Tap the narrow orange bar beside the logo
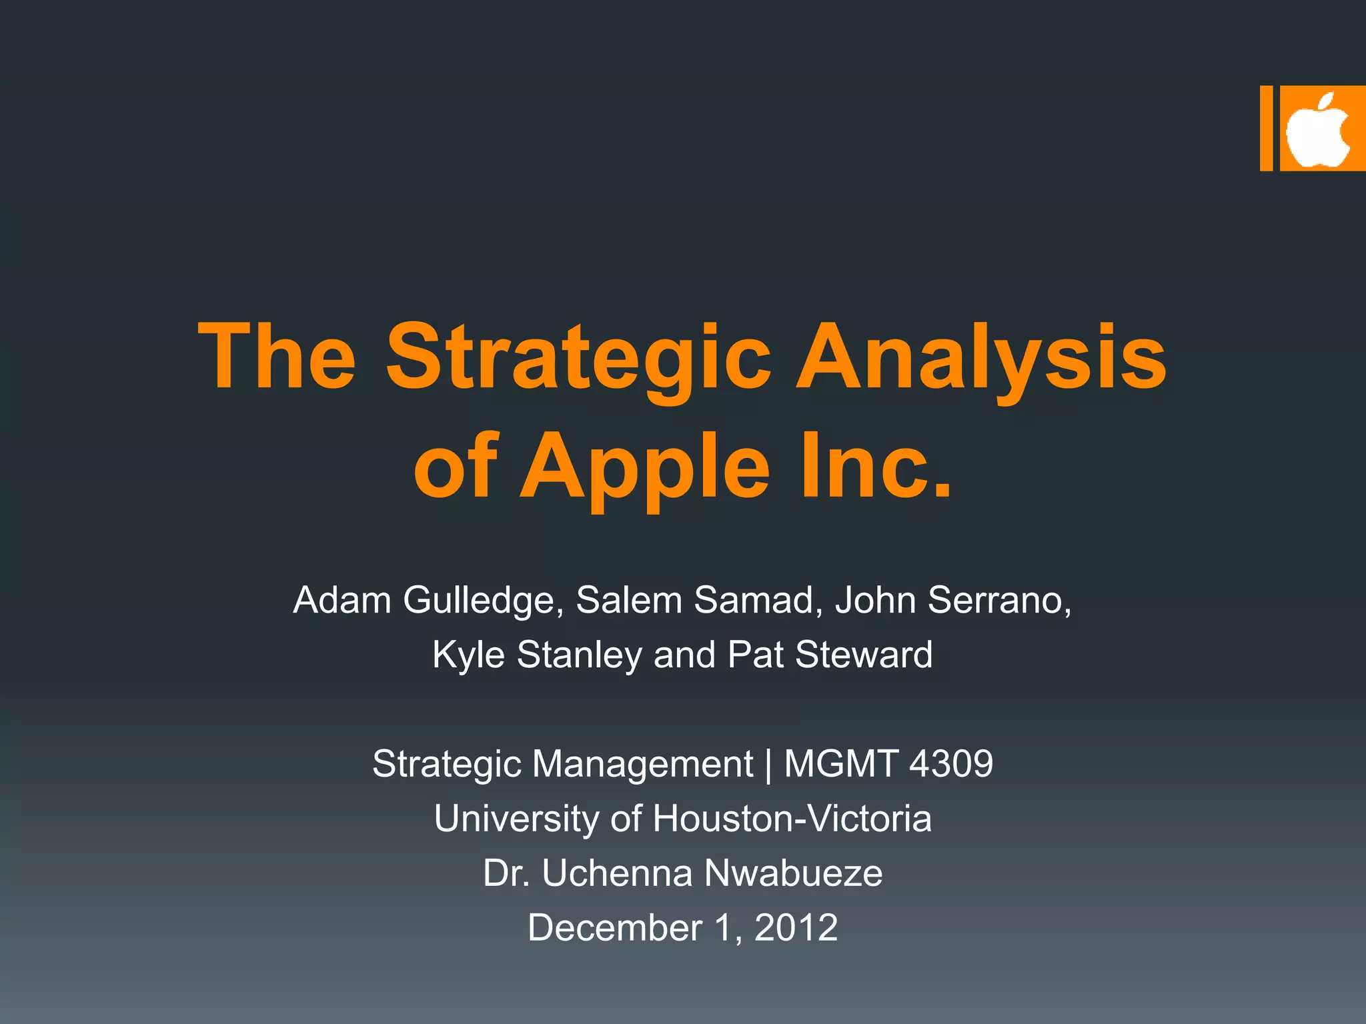coord(1266,128)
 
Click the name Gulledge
coord(479,600)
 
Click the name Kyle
coord(468,655)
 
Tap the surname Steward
coord(864,655)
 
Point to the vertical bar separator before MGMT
coord(768,764)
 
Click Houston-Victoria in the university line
coord(792,819)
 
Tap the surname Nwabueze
coord(793,873)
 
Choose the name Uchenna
coord(617,873)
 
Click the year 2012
coord(796,928)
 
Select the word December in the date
coord(614,928)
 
